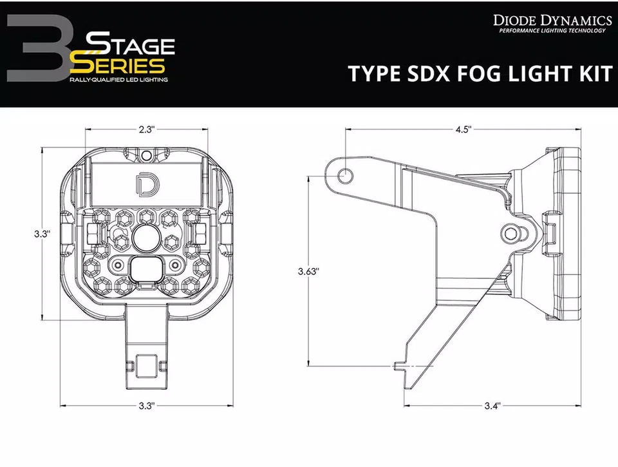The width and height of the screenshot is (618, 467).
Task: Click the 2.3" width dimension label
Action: coord(147,129)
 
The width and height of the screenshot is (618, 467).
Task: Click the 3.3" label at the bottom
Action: coord(147,406)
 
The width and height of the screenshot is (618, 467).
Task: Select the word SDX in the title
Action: coord(415,73)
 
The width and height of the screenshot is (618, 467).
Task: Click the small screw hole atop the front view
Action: coord(147,155)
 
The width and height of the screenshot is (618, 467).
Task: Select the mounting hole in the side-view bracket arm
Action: coord(346,173)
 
